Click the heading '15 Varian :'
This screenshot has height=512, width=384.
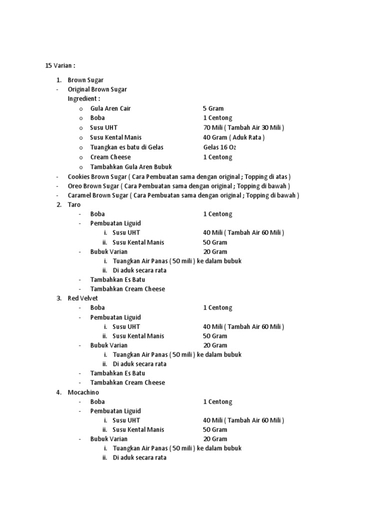[x=60, y=65]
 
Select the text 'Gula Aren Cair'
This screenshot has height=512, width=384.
[x=110, y=108]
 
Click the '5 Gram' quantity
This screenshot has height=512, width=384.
[x=213, y=108]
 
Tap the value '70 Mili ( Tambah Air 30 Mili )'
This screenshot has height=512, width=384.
[x=243, y=127]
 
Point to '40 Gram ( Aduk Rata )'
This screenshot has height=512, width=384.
[x=233, y=137]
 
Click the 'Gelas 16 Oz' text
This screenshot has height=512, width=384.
[x=219, y=147]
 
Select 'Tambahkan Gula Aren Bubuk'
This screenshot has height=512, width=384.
[x=131, y=167]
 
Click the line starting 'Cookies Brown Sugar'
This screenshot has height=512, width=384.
[x=179, y=176]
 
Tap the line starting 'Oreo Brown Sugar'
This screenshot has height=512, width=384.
[x=179, y=186]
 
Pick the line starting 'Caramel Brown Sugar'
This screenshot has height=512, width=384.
[x=183, y=195]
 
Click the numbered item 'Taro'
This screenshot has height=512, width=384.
[x=74, y=204]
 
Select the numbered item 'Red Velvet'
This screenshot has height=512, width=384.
[x=83, y=298]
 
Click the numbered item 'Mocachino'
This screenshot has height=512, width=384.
[x=83, y=392]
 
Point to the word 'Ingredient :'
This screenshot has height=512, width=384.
[x=84, y=98]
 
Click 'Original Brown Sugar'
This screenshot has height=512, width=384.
[x=97, y=89]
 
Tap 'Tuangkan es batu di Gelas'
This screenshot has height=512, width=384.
[x=127, y=147]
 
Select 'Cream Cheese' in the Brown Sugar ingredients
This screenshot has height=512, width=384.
[x=110, y=157]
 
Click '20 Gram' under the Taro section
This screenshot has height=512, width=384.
[x=215, y=251]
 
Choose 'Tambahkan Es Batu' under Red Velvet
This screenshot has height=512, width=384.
[x=117, y=373]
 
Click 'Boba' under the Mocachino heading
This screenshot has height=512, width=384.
[x=97, y=401]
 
